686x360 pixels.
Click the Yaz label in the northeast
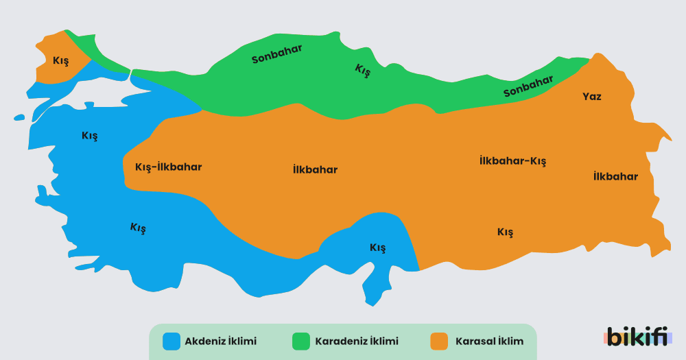coord(591,97)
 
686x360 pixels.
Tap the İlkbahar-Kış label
coord(512,161)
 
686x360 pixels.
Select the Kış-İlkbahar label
coord(169,167)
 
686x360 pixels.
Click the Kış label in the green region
coord(362,70)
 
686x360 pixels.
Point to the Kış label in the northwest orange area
coord(61,60)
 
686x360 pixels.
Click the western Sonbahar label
coord(277,54)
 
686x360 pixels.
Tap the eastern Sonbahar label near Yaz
coord(528,86)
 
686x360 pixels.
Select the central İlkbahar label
coord(315,169)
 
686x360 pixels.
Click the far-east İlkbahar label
coord(615,176)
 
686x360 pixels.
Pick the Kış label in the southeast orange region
coord(505,232)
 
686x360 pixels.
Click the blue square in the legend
coord(171,341)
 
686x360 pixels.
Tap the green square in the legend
coord(301,341)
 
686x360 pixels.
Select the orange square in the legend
coord(439,341)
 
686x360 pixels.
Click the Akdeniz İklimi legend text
coord(220,341)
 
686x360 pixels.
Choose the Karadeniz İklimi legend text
coord(356,341)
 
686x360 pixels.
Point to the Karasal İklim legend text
coord(489,341)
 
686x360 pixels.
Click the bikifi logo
coord(637,336)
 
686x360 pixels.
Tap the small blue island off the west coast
coord(19,118)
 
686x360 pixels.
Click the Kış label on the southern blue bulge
coord(377,248)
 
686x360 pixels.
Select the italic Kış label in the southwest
coord(138,228)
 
